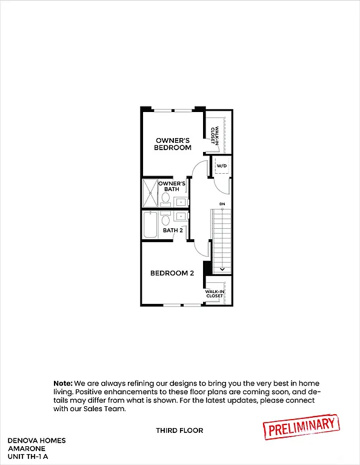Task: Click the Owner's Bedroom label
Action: [172, 143]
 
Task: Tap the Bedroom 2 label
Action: [172, 273]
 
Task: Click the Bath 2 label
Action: [173, 230]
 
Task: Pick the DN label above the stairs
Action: [222, 203]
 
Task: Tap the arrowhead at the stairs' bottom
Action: [222, 269]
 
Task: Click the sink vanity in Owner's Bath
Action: [181, 202]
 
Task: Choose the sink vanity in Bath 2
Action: [181, 216]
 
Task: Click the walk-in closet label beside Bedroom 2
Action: [214, 294]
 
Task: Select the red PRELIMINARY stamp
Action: [300, 426]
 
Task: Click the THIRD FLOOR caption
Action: [179, 430]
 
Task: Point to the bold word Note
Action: [62, 383]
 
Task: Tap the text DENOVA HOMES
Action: [36, 440]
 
